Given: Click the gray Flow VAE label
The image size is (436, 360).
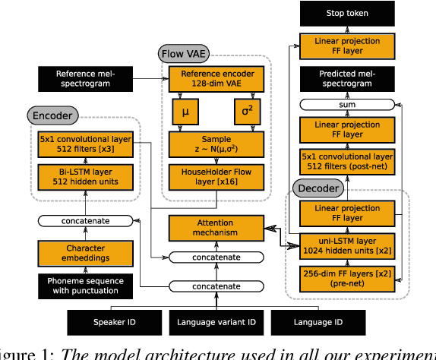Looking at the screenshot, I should pos(184,54).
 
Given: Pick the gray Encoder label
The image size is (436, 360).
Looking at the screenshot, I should pos(52,115).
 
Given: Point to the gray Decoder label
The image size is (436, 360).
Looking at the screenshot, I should pos(318,188).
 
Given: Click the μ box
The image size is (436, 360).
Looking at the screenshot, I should pos(185,113).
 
